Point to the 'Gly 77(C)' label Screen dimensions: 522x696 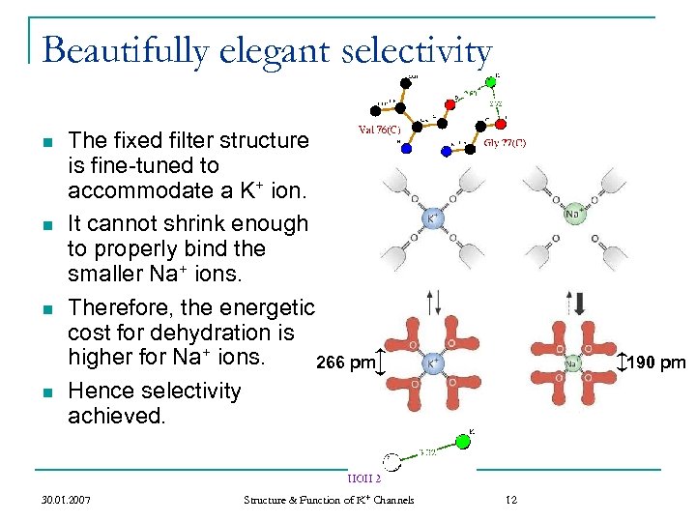[505, 142]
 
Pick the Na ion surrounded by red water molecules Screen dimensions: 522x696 [573, 363]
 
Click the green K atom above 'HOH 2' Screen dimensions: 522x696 [463, 442]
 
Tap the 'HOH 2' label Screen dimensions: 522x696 [363, 478]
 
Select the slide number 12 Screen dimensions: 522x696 [511, 500]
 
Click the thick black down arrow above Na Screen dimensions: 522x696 [580, 302]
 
